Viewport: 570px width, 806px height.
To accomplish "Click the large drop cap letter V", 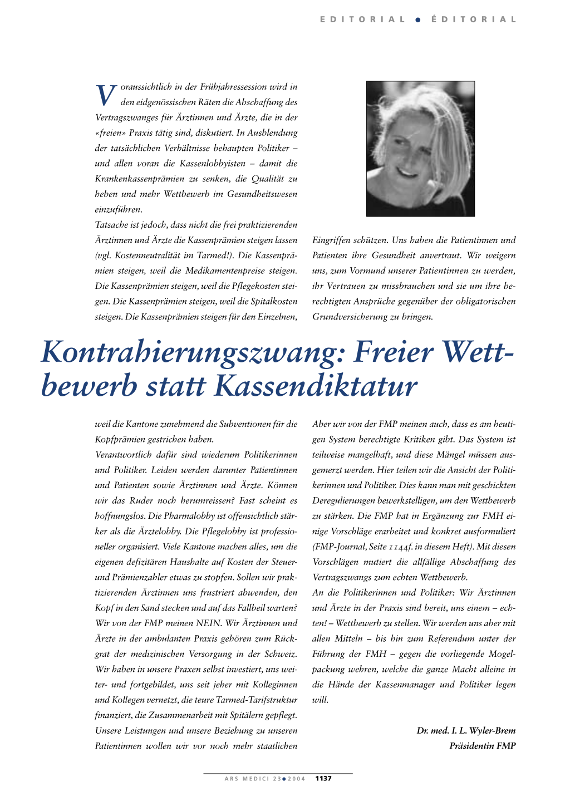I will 106,95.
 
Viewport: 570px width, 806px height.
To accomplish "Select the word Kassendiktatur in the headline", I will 316,386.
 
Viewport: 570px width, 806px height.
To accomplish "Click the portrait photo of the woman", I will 420,149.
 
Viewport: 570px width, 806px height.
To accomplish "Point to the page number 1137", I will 323,779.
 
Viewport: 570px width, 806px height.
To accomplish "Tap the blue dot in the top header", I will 417,19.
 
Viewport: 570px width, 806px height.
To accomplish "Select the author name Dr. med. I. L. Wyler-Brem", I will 466,730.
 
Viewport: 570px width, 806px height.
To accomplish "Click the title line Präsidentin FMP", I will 482,746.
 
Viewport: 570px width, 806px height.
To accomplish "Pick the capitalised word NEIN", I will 209,623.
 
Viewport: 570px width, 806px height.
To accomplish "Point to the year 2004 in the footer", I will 296,779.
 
